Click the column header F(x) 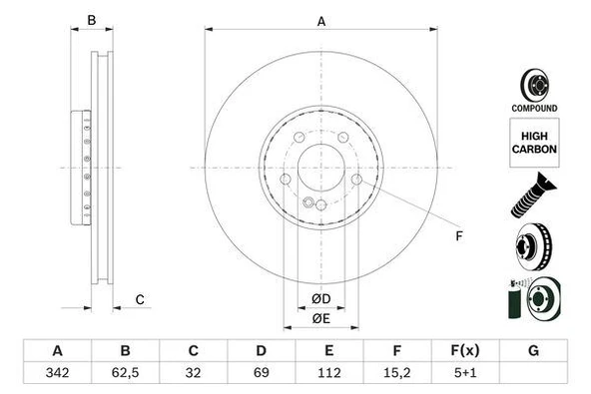click(x=464, y=351)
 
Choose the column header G click(x=533, y=351)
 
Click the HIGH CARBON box click(x=534, y=143)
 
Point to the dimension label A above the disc click(x=321, y=20)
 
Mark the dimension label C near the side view click(x=140, y=299)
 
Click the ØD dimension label click(x=320, y=299)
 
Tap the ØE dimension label click(x=320, y=318)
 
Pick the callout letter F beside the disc click(x=459, y=236)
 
